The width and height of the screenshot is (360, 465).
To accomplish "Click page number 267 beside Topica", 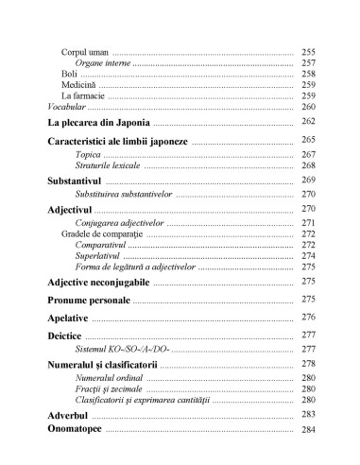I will coord(308,153).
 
